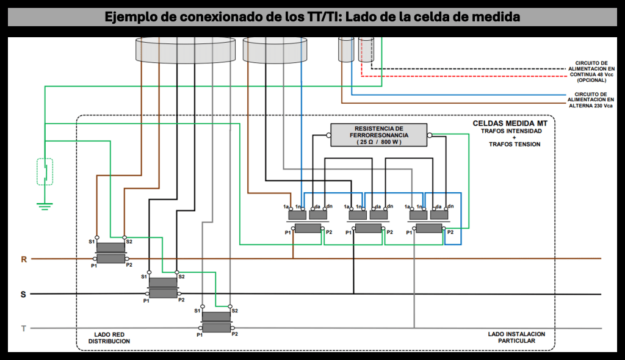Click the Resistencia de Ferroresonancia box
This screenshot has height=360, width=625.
coord(378,135)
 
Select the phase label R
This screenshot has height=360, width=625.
coord(24,259)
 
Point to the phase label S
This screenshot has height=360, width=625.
coord(24,295)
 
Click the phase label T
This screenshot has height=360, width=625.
coord(24,329)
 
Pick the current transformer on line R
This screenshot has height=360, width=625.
coord(110,253)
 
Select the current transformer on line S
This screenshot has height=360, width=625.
coord(163,287)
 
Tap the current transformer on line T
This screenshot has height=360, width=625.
coord(216,322)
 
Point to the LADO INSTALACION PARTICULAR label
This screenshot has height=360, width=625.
coord(516,337)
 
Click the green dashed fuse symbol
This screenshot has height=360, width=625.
coord(45,171)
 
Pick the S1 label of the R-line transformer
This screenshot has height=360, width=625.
coord(92,242)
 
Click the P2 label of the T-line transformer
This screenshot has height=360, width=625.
coord(235,334)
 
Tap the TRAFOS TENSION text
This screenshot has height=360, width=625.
coord(514,145)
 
